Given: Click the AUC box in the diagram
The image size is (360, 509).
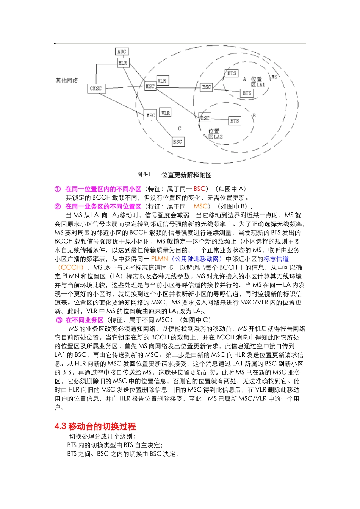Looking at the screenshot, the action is click(122, 52).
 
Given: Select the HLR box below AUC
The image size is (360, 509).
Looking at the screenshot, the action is click(123, 63).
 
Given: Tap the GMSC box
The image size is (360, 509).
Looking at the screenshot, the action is click(96, 89).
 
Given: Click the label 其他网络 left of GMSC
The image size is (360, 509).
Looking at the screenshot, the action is click(67, 80).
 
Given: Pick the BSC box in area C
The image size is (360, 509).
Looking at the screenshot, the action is click(177, 142).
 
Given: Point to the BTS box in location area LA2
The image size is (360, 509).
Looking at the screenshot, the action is click(235, 121).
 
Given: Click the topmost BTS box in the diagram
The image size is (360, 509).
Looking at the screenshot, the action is click(232, 73).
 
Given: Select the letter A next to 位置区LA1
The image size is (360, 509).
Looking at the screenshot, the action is click(244, 79).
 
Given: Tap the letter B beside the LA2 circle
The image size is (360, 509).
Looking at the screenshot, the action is click(254, 115).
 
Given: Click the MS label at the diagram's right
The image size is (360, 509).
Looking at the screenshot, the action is click(274, 77).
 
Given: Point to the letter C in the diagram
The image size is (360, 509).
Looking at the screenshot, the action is click(179, 129).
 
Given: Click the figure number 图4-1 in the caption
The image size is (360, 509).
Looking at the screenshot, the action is click(144, 174).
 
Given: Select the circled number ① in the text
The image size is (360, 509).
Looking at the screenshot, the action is click(58, 189).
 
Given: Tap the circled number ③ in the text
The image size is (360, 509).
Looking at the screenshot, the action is click(59, 320).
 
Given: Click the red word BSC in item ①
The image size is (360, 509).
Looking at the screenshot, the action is click(199, 189).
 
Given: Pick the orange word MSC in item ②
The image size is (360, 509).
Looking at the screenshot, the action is click(200, 206).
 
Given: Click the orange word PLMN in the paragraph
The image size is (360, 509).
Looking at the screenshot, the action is click(159, 259).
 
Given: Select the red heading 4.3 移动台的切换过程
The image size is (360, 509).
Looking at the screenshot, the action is click(95, 426).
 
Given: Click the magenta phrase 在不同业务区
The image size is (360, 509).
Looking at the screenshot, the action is click(84, 320).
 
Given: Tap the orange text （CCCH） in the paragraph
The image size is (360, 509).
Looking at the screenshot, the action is click(71, 268).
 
